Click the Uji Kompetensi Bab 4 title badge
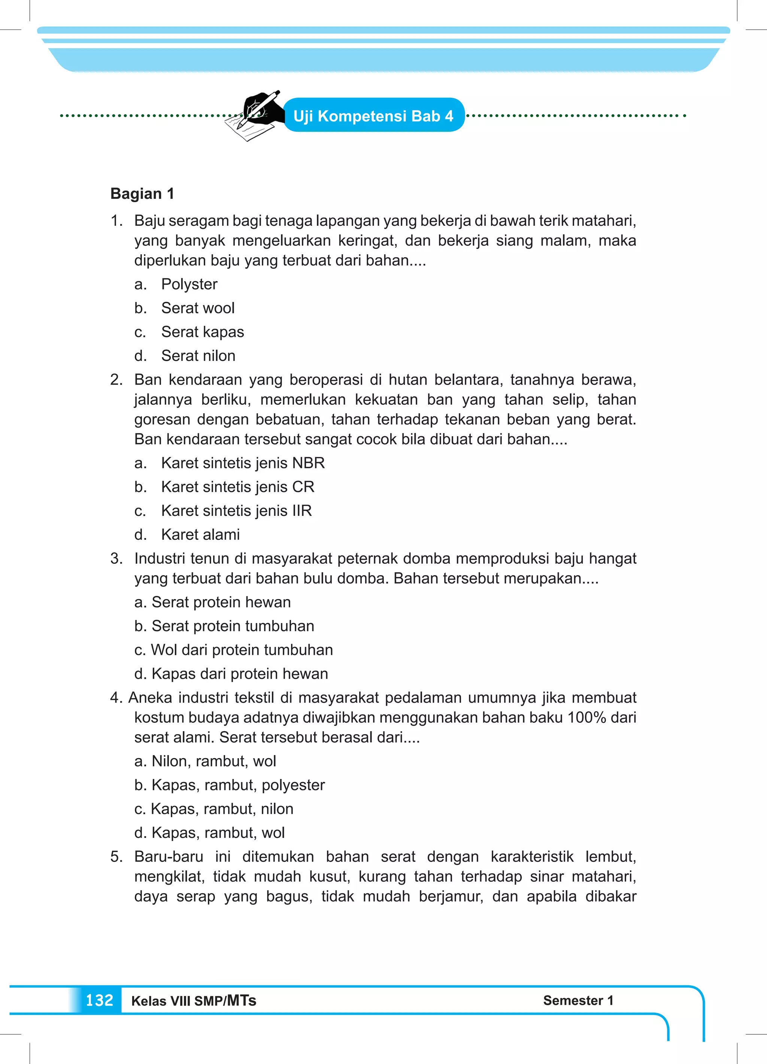pos(374,115)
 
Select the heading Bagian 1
pos(142,193)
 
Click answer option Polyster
pos(189,284)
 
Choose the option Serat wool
pos(198,308)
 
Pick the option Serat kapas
pos(202,332)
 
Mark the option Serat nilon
pos(198,356)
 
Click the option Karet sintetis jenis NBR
pos(243,463)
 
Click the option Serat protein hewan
pos(221,602)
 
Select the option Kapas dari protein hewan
pos(239,674)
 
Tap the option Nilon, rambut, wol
pos(213,761)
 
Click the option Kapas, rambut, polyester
pos(238,785)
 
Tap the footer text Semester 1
pos(578,1000)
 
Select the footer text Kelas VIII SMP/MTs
pos(193,1001)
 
